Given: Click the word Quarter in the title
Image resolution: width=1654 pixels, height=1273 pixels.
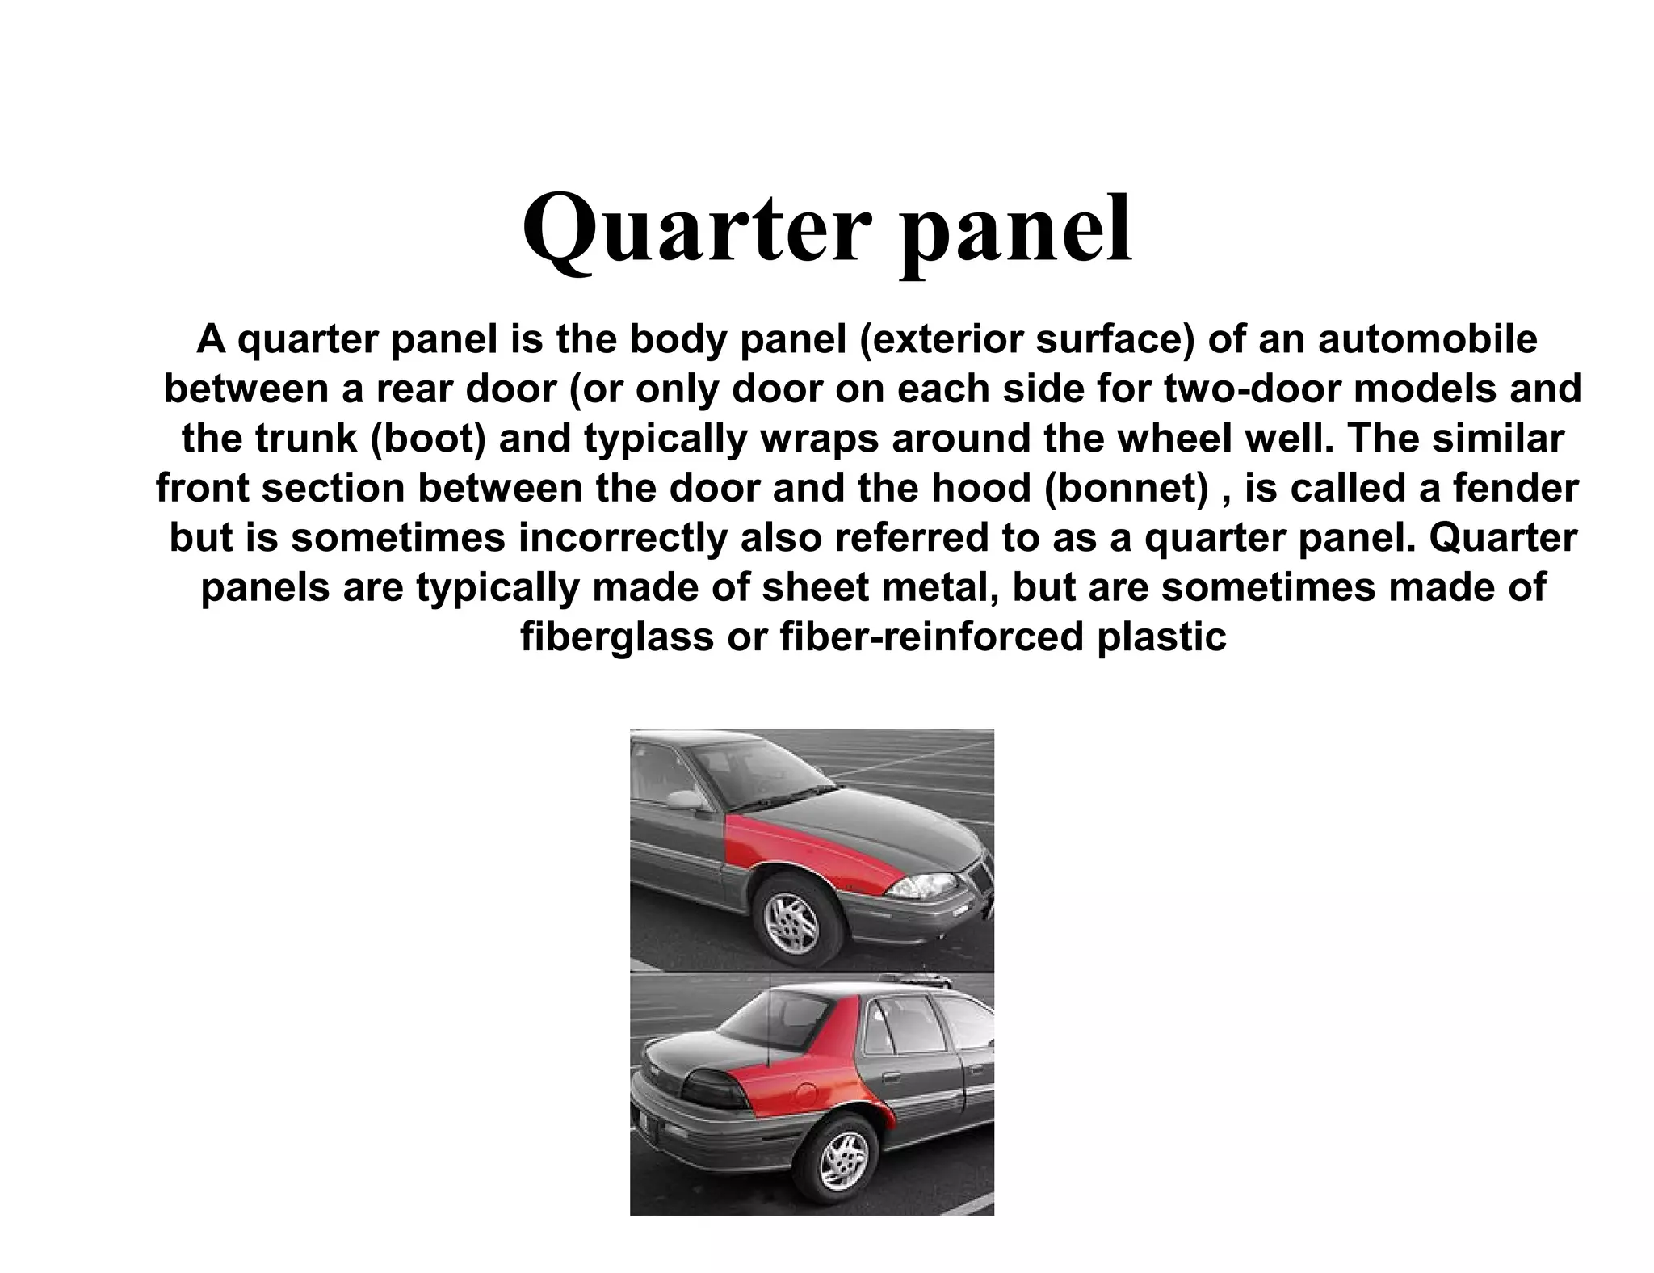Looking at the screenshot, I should click(x=693, y=229).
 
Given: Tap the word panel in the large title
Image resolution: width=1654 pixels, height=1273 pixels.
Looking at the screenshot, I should click(x=1016, y=229).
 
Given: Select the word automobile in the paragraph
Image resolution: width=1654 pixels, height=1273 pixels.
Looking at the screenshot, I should click(x=1427, y=339).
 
